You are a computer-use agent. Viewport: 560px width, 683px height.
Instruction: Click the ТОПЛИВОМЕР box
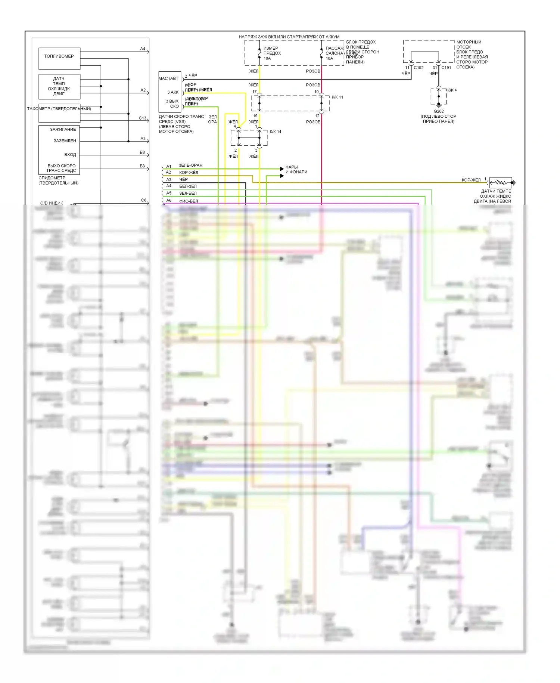(59, 58)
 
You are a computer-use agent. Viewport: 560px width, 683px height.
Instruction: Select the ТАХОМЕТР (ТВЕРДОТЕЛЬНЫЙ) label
(59, 109)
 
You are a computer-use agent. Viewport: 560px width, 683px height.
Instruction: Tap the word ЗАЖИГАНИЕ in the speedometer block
(63, 129)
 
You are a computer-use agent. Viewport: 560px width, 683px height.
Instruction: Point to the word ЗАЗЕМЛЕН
(65, 141)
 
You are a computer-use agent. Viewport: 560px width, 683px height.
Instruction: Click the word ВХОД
(70, 155)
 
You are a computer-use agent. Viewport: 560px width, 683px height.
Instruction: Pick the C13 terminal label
(143, 118)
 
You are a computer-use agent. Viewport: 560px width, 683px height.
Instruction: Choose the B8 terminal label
(142, 152)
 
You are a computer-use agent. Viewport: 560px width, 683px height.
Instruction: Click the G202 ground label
(439, 111)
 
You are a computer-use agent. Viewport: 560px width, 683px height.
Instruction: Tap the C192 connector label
(419, 68)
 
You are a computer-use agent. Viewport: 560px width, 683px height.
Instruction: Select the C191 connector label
(446, 68)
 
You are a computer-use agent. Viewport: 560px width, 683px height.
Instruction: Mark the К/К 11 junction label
(337, 97)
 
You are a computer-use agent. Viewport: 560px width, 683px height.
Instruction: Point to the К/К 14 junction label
(276, 132)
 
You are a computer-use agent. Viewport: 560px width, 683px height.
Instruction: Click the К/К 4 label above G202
(452, 90)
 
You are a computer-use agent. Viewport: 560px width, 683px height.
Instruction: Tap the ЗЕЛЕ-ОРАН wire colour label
(190, 165)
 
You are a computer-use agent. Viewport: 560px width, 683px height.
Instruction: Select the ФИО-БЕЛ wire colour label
(189, 201)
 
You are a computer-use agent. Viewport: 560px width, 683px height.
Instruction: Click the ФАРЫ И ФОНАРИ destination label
(296, 170)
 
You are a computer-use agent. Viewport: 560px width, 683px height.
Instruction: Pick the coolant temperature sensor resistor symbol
(500, 183)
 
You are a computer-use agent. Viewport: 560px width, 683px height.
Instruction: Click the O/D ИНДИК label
(52, 203)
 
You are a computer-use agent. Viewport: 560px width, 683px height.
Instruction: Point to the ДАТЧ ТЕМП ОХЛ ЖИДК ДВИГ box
(59, 86)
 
